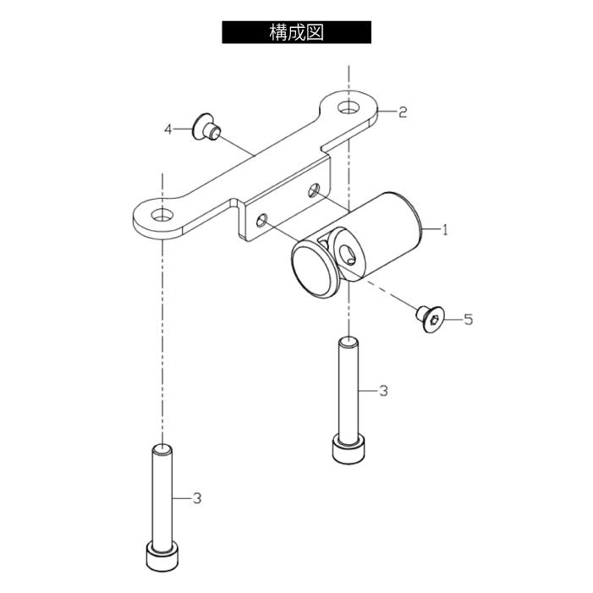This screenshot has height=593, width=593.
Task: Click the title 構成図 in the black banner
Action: pos(296,32)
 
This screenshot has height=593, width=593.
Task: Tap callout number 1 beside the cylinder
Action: pos(445,229)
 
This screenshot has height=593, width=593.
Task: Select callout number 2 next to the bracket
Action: pos(403,112)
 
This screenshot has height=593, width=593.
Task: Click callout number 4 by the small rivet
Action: pos(167,129)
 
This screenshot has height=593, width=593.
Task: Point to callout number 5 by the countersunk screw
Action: pos(468,320)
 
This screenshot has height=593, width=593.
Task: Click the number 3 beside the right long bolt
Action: pos(383,390)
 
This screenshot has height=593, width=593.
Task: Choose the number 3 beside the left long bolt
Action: pos(196,498)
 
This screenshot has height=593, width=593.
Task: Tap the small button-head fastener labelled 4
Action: pos(206,126)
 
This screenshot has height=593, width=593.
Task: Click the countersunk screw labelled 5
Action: pos(431,318)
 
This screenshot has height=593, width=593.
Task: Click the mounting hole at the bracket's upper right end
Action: pos(349,107)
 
